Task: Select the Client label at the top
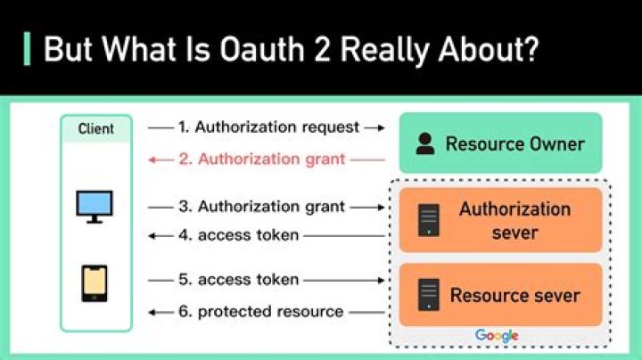[x=95, y=128]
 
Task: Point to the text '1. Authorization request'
[x=268, y=127]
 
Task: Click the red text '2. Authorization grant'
[x=260, y=160]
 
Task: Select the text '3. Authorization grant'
[x=260, y=207]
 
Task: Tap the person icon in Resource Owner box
[x=425, y=144]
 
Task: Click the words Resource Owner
[x=514, y=144]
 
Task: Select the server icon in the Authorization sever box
[x=429, y=220]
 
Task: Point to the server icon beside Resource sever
[x=429, y=295]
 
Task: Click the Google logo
[x=497, y=335]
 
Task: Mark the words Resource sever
[x=514, y=295]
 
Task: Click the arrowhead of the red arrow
[x=153, y=160]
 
